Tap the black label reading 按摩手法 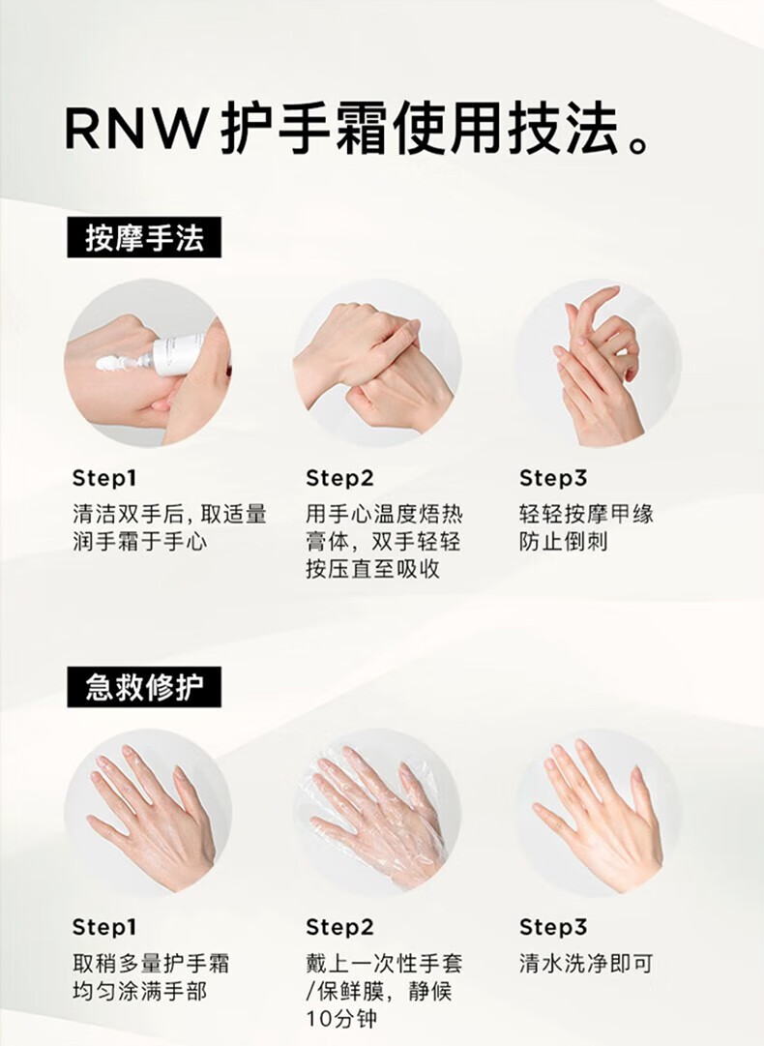coord(144,237)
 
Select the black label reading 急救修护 coord(144,687)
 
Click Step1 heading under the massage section coord(104,478)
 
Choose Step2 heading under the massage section coord(339,478)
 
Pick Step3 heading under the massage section coord(553,478)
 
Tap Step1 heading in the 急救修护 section coord(104,927)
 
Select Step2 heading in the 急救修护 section coord(339,927)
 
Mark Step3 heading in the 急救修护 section coord(553,927)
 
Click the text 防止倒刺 coord(564,541)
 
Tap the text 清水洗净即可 coord(586,964)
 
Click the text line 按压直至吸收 coord(373,569)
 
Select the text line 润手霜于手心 coord(140,541)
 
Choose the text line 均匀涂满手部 coord(140,991)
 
